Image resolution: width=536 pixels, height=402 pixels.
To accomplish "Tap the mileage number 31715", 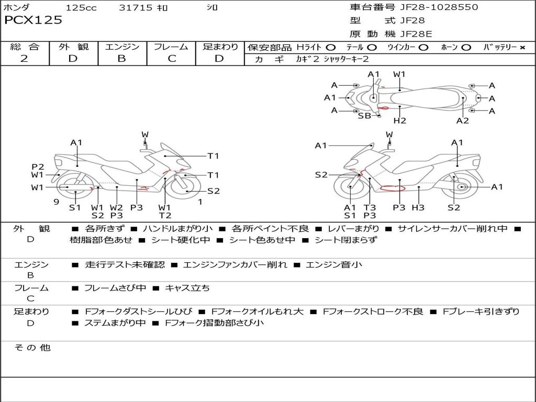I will tap(136, 7).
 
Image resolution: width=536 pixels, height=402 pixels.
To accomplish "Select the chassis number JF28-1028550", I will tap(431, 7).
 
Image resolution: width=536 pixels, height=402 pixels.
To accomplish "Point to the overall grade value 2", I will tap(24, 59).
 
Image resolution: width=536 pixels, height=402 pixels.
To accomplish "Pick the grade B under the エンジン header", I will tap(121, 59).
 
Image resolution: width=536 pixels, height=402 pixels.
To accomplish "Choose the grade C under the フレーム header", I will tap(172, 59).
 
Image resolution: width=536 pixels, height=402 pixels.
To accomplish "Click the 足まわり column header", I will tap(220, 47).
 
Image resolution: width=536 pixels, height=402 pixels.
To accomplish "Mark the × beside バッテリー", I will tap(522, 48).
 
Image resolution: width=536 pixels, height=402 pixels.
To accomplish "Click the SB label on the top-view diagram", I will tap(364, 116).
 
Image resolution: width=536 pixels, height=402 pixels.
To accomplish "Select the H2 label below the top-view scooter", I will tap(400, 121).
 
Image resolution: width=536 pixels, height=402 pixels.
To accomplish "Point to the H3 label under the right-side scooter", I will tap(418, 208).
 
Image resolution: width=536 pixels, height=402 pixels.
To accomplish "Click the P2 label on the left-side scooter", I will tap(38, 166).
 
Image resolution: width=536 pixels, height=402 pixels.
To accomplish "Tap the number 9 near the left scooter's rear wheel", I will tap(55, 202).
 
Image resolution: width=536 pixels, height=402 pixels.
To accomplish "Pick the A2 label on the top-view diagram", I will tap(463, 121).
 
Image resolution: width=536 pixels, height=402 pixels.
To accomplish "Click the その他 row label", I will tap(32, 348).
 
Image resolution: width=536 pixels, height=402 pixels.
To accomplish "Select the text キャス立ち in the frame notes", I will tap(187, 288).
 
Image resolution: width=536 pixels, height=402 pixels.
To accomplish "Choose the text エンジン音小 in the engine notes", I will tap(333, 265).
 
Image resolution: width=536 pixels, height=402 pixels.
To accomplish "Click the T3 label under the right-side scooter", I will tap(370, 208).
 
